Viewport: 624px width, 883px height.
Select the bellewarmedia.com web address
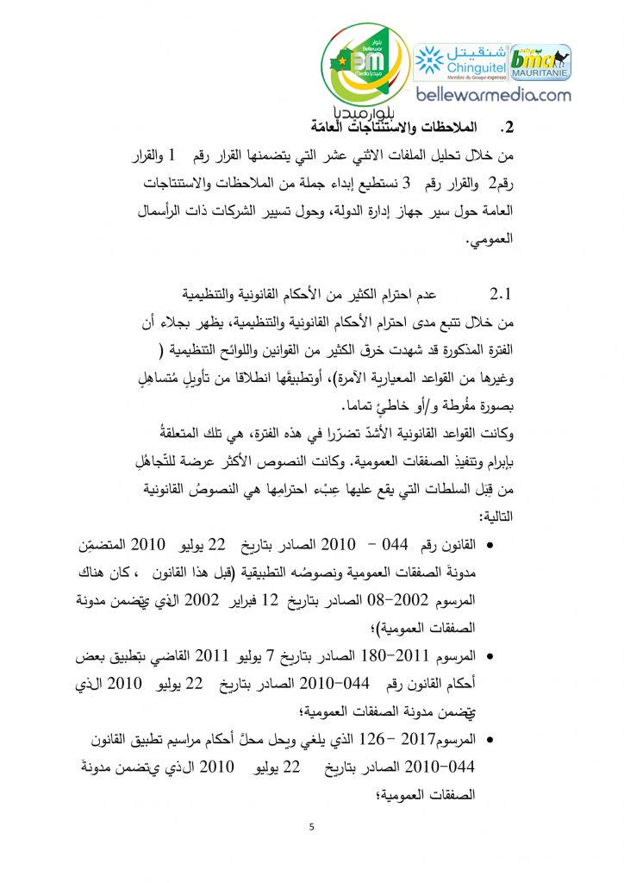[488, 96]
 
